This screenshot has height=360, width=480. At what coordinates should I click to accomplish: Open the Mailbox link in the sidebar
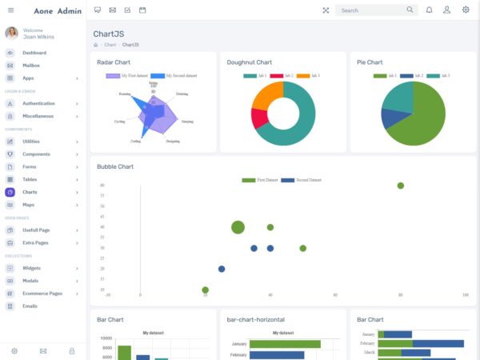tap(33, 66)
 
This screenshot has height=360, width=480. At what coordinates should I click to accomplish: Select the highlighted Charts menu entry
tap(30, 192)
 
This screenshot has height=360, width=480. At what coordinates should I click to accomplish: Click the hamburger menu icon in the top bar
tap(10, 10)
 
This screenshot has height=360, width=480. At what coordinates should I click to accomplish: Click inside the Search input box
tap(372, 10)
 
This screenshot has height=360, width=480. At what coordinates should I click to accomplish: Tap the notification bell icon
tap(429, 10)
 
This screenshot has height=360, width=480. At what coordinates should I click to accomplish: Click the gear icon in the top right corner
tap(466, 10)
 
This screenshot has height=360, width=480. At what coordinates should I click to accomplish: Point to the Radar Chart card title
tap(114, 62)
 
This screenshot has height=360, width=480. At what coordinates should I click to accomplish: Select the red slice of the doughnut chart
tap(258, 118)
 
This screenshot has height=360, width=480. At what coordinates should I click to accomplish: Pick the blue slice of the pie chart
tap(393, 118)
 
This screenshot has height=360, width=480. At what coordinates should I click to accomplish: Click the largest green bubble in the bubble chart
tap(238, 227)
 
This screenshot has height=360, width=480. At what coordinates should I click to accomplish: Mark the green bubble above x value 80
tap(401, 186)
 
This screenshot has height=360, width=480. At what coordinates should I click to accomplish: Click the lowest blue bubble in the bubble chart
tap(222, 269)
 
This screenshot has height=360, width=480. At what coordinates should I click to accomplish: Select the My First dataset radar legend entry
tap(128, 75)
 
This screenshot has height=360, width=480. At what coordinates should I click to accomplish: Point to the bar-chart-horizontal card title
tap(255, 319)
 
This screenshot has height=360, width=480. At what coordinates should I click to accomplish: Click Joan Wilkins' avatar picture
tap(11, 33)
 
